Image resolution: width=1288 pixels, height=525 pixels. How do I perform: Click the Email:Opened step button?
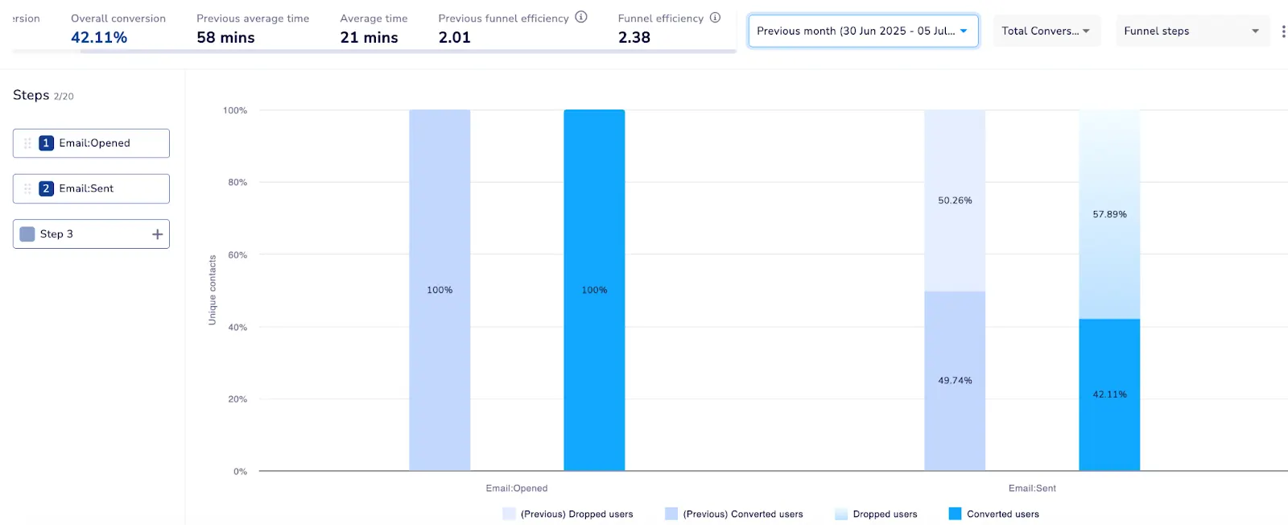pos(91,143)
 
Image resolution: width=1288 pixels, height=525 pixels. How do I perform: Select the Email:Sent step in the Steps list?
pos(91,188)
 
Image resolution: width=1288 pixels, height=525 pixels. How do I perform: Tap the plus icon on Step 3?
pos(157,234)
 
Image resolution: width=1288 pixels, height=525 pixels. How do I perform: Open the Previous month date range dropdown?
pos(862,31)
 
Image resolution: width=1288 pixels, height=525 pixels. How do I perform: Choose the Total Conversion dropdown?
pos(1046,31)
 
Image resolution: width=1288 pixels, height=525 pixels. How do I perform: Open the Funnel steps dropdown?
pos(1191,31)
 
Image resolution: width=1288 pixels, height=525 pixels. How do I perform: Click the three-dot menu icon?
pos(1283,31)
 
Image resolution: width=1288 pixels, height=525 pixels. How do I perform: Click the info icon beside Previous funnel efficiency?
pos(581,17)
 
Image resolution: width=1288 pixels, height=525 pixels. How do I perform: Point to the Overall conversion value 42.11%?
pos(99,38)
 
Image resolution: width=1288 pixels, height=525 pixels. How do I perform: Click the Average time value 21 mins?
pos(369,38)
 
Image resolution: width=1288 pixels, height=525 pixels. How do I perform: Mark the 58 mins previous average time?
pos(225,38)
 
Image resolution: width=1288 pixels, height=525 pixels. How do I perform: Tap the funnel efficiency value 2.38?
pos(634,38)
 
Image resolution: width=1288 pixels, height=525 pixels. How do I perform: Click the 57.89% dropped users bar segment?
pos(1109,214)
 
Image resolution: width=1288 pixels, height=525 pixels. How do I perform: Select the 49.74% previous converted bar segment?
pos(955,380)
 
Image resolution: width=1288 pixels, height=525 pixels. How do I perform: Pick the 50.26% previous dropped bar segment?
pos(955,200)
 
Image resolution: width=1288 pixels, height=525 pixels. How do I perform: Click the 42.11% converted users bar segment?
pos(1109,395)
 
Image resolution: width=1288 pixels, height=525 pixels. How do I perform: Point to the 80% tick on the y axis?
pos(237,183)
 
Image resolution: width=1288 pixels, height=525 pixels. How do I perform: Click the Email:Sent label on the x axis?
pos(1032,488)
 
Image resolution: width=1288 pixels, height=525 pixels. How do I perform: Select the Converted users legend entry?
pos(994,514)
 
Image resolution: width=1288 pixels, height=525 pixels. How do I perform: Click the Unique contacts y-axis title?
pos(213,290)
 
